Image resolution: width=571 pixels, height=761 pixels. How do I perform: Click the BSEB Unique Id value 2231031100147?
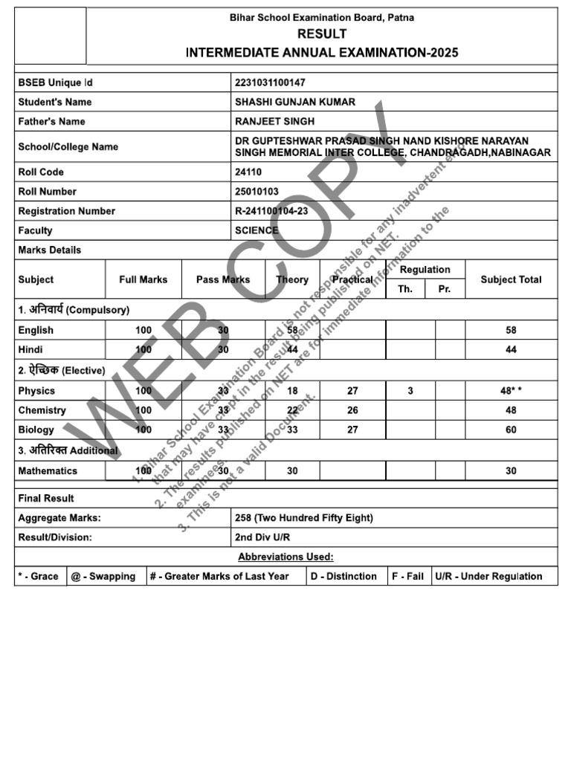pyautogui.click(x=270, y=82)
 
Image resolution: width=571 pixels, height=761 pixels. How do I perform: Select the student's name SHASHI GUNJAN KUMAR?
pyautogui.click(x=294, y=102)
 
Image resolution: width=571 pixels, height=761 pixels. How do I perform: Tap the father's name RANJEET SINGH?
pyautogui.click(x=274, y=121)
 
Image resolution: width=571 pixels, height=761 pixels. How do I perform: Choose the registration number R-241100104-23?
pyautogui.click(x=271, y=211)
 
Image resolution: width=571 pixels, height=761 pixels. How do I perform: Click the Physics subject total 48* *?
pyautogui.click(x=511, y=391)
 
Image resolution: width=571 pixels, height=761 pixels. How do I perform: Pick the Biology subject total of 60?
pyautogui.click(x=511, y=430)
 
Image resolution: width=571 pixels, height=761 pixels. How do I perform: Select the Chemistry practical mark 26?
pyautogui.click(x=352, y=410)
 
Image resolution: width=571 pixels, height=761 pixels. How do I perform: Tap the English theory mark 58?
pyautogui.click(x=292, y=330)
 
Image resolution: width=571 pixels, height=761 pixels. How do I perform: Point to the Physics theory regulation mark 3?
pyautogui.click(x=410, y=391)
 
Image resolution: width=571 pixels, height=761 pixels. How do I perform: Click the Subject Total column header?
pyautogui.click(x=511, y=279)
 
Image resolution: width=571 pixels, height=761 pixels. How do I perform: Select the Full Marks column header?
pyautogui.click(x=143, y=279)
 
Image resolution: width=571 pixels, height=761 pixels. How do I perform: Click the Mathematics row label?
pyautogui.click(x=48, y=470)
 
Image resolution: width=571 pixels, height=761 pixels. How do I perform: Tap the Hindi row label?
pyautogui.click(x=30, y=349)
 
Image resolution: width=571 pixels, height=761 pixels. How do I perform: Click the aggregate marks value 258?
pyautogui.click(x=243, y=518)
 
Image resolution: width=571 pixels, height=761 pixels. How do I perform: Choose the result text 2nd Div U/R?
pyautogui.click(x=264, y=537)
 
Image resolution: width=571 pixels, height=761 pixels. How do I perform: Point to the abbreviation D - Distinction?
pyautogui.click(x=347, y=576)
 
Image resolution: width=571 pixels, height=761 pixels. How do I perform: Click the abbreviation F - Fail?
pyautogui.click(x=409, y=576)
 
